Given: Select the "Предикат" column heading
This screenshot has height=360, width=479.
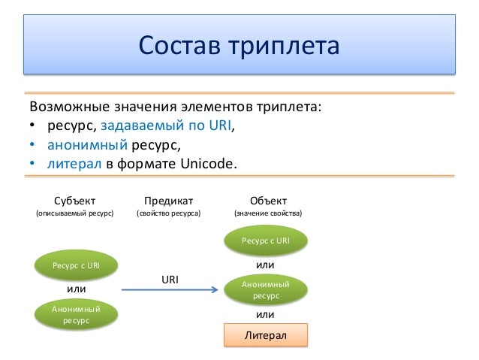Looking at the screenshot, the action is click(168, 201).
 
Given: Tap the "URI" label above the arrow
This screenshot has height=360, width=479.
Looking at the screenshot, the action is click(170, 280).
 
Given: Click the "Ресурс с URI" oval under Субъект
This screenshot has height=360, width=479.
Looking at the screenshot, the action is click(75, 265).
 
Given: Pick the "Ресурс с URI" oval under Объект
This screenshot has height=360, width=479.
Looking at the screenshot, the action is click(267, 241).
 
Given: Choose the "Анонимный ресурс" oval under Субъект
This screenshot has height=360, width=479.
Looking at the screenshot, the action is click(75, 314).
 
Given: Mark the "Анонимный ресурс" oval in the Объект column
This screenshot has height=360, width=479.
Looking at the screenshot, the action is click(267, 289).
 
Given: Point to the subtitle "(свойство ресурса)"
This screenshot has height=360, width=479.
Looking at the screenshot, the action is click(168, 213).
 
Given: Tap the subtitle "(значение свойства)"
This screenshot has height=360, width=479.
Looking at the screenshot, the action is click(268, 213).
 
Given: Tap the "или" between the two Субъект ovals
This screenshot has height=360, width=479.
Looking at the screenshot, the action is click(76, 289).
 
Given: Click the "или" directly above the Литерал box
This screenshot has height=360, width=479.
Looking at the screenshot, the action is click(266, 314).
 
